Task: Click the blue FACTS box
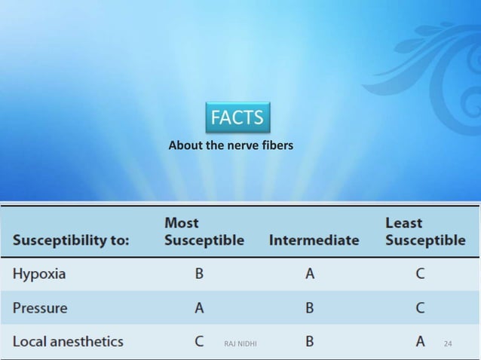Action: coord(237,117)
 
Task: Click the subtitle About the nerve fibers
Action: coord(231,145)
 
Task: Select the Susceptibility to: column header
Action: coord(71,241)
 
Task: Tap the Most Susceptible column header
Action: coord(204,232)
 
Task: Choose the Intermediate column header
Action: coord(314,241)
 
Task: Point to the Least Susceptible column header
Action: coord(424,232)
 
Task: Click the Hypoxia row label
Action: coord(39,274)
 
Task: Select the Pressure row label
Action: coord(40,308)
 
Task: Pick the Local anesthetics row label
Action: coord(68,341)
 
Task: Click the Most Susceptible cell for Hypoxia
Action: coord(199,274)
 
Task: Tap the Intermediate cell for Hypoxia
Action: coord(309,274)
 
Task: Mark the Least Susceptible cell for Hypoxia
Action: coord(420,274)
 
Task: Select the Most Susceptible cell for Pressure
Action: coord(199,308)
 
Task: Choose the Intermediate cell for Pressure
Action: coord(309,308)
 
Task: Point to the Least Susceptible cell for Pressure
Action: coord(420,308)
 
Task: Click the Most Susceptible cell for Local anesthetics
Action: coord(199,341)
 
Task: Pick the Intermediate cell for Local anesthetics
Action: coord(309,341)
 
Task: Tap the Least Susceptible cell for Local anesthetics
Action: coord(420,341)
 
